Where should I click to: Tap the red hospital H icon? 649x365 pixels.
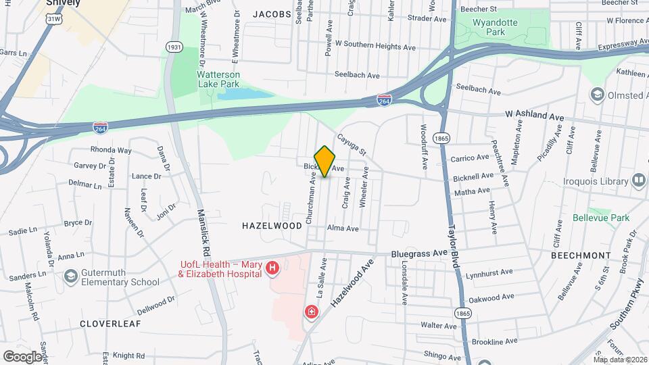[272, 269]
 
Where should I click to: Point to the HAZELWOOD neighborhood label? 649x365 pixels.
[272, 226]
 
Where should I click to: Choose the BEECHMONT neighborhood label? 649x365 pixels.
[580, 255]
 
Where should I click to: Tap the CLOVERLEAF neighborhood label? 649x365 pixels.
[110, 324]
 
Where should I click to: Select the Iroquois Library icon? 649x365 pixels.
[638, 180]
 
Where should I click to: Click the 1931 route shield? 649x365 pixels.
[174, 47]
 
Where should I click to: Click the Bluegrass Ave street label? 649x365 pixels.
[419, 253]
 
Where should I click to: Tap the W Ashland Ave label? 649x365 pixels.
[534, 116]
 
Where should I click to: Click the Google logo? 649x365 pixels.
[22, 356]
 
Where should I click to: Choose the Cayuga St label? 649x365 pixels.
[352, 143]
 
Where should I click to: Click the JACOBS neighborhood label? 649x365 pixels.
[272, 14]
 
